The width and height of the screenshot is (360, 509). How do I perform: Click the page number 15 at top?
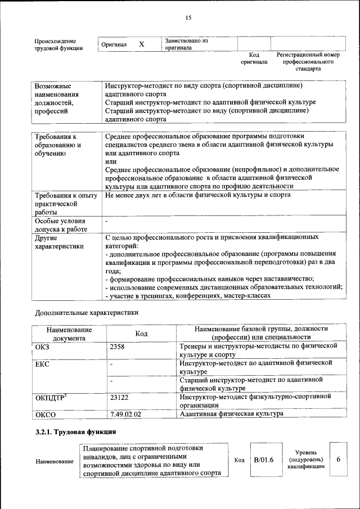(188, 18)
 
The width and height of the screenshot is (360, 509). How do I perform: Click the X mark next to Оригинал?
(142, 44)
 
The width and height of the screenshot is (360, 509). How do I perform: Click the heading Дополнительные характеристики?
(86, 312)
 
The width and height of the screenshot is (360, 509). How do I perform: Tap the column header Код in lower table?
(141, 334)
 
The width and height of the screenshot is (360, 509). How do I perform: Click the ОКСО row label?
(46, 415)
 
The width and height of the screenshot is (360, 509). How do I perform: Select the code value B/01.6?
(263, 460)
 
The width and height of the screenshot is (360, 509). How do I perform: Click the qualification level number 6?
(338, 459)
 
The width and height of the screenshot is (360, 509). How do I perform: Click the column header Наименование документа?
(69, 334)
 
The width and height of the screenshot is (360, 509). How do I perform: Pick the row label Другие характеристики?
(59, 242)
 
